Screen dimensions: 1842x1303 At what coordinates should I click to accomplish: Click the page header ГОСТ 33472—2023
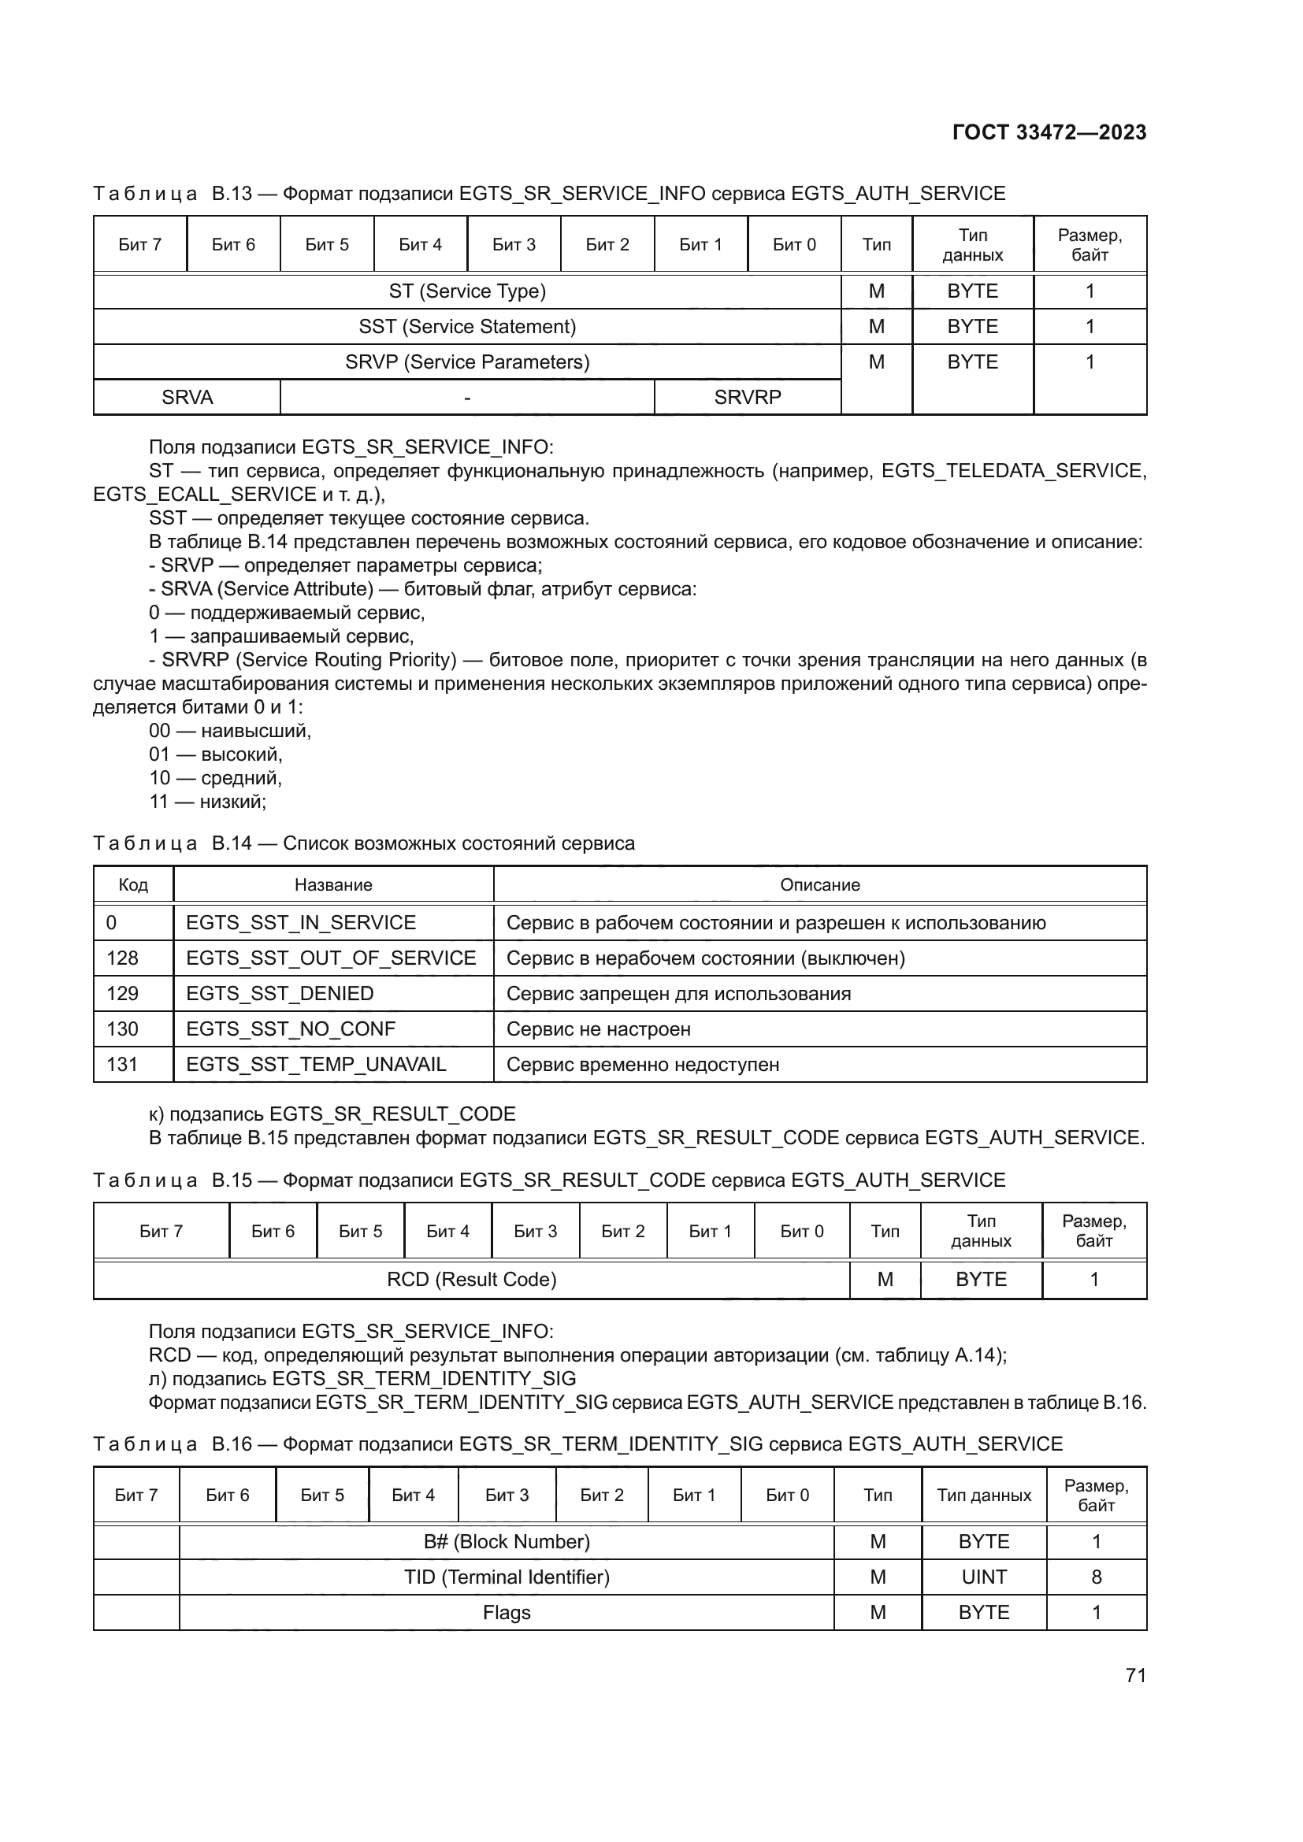(x=1049, y=132)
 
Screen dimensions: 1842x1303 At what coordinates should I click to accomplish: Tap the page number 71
(x=1135, y=1675)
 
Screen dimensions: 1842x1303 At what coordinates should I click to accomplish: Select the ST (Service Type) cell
(x=467, y=291)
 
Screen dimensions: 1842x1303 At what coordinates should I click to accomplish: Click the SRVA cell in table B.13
(x=187, y=397)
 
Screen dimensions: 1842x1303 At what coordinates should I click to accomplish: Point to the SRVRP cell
(x=747, y=397)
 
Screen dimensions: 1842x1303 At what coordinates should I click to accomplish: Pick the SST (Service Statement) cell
(x=467, y=327)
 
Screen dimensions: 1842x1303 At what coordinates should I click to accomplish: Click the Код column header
(x=133, y=885)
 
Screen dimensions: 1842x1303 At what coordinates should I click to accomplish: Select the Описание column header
(x=819, y=885)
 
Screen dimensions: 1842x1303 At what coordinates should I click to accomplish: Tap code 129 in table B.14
(x=123, y=993)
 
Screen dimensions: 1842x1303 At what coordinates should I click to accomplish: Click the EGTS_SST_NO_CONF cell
(x=291, y=1028)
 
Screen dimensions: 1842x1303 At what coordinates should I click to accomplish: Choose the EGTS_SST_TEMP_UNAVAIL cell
(x=316, y=1064)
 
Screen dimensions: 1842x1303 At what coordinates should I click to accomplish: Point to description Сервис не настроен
(x=598, y=1028)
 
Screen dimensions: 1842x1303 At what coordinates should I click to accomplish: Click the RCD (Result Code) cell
(x=471, y=1280)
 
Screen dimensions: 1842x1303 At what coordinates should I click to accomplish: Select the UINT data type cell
(x=984, y=1577)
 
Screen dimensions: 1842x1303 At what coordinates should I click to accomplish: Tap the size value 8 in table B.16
(x=1096, y=1577)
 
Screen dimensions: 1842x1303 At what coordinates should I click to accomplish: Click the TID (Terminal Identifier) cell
(x=507, y=1577)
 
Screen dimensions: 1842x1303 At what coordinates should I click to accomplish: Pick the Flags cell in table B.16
(x=507, y=1613)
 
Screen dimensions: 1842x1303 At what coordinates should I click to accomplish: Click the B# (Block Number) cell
(x=507, y=1542)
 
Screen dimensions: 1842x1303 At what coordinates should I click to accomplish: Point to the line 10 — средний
(x=215, y=777)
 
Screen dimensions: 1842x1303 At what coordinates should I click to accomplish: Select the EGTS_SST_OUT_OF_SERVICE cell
(x=331, y=958)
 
